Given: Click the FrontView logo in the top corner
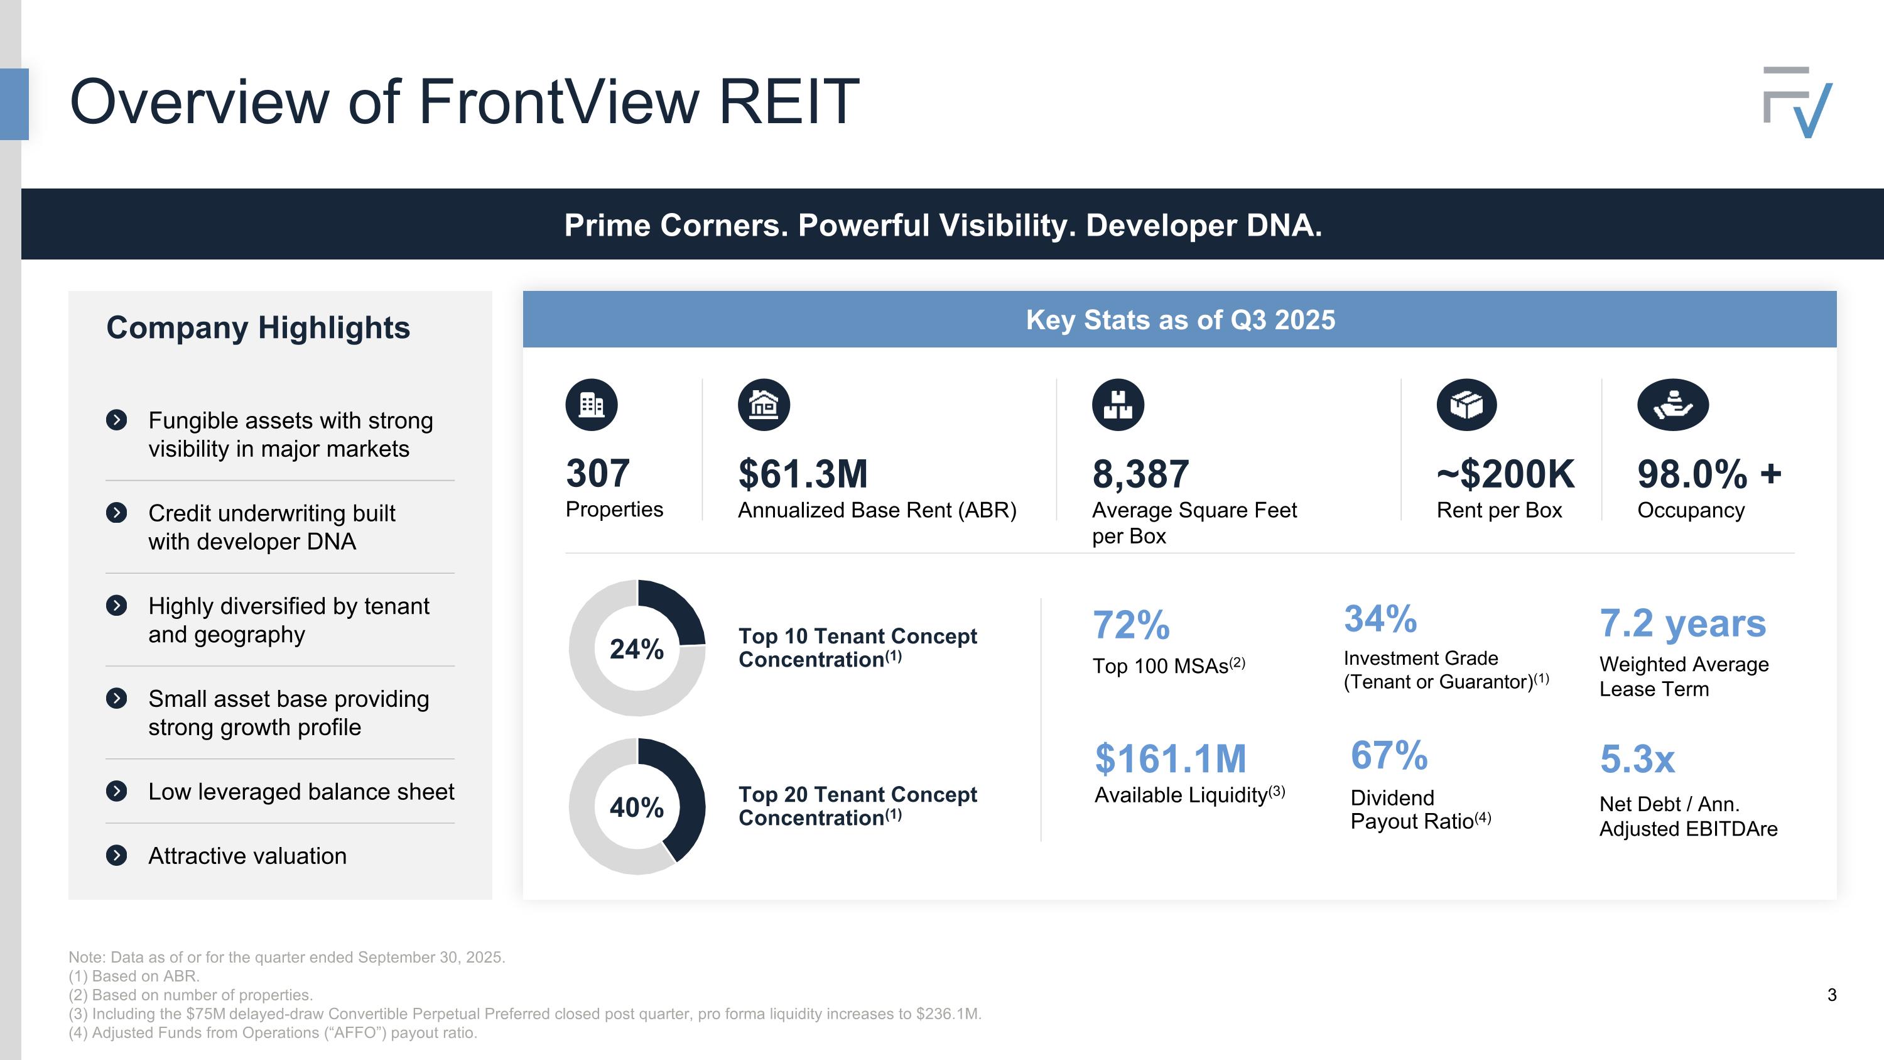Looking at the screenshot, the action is pos(1798,102).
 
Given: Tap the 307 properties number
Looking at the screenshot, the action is pos(597,473).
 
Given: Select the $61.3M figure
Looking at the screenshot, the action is pos(803,474).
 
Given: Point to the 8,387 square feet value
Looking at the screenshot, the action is pos(1140,474).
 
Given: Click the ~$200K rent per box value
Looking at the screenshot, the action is pos(1505,474).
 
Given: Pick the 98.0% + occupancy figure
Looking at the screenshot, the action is pos(1709,474).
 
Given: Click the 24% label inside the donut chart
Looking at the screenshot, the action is pos(636,649).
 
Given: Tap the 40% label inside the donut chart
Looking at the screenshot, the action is pos(636,807).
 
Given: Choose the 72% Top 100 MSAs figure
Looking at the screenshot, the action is pos(1130,625).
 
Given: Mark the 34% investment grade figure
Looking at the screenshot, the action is pos(1380,619).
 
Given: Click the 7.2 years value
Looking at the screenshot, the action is pos(1682,623).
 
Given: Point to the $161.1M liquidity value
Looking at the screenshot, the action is pos(1170,758).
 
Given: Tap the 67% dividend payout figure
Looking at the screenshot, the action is pos(1389,755).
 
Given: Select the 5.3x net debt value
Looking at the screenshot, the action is pos(1637,759).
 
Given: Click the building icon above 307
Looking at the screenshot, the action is pos(592,405).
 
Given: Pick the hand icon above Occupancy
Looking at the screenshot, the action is pos(1672,405).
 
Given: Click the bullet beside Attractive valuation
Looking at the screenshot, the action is pos(116,855).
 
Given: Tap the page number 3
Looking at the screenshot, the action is pos(1831,995).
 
